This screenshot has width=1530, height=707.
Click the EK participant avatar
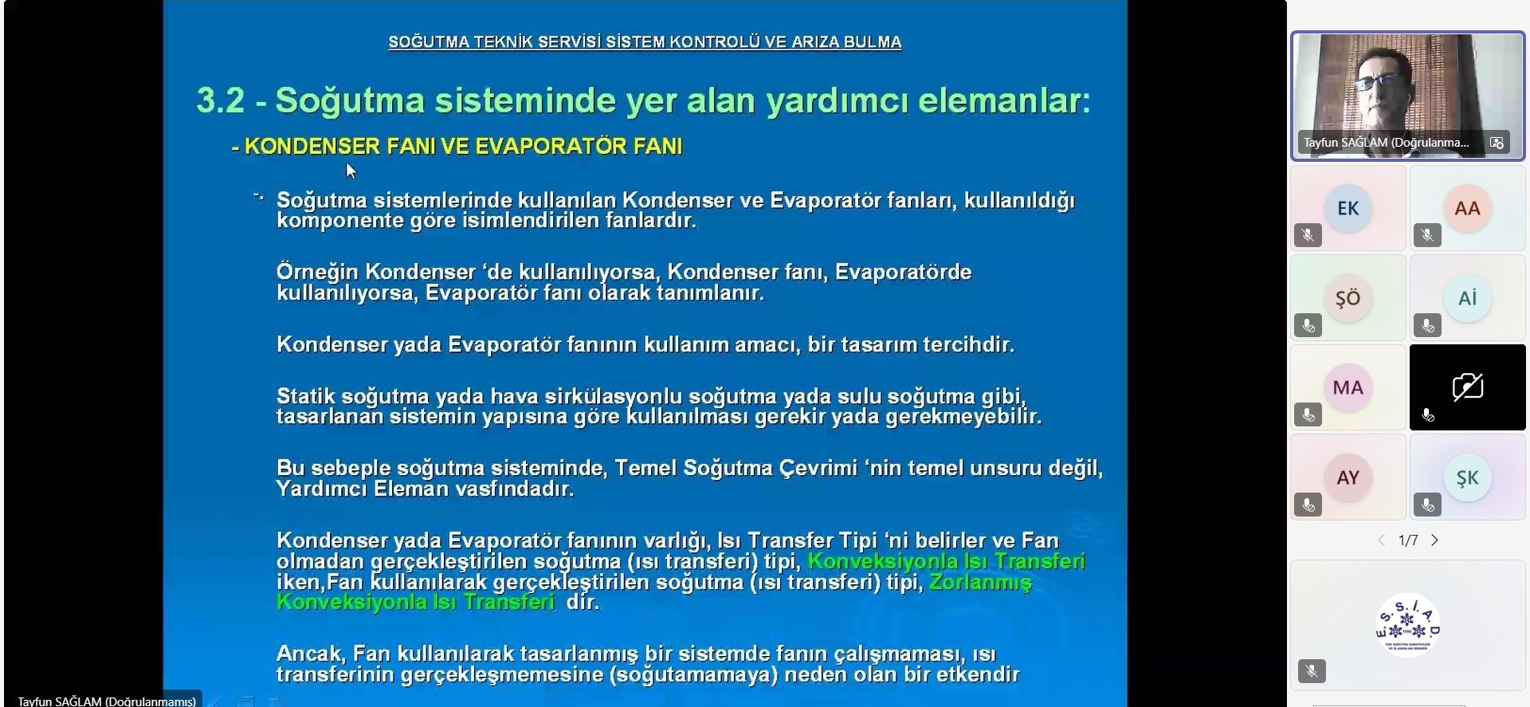coord(1348,208)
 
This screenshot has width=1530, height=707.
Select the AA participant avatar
coord(1467,208)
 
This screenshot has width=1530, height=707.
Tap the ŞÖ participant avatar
coord(1348,298)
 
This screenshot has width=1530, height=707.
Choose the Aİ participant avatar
coord(1467,298)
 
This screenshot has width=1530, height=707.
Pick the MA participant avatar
coord(1348,387)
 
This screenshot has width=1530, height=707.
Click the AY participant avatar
coord(1348,477)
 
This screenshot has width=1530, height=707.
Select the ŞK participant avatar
coord(1467,477)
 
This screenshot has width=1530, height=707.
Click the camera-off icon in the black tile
coord(1467,387)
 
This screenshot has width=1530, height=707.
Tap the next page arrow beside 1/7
coord(1434,540)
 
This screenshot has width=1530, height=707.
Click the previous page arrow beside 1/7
coord(1382,540)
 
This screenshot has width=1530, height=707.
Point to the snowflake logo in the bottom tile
coord(1408,624)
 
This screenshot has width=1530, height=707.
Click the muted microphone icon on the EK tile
coord(1308,235)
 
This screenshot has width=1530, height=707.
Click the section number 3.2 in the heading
coord(221,100)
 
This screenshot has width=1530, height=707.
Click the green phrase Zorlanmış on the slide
coord(980,583)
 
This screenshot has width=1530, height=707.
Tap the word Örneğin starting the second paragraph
coord(318,273)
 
